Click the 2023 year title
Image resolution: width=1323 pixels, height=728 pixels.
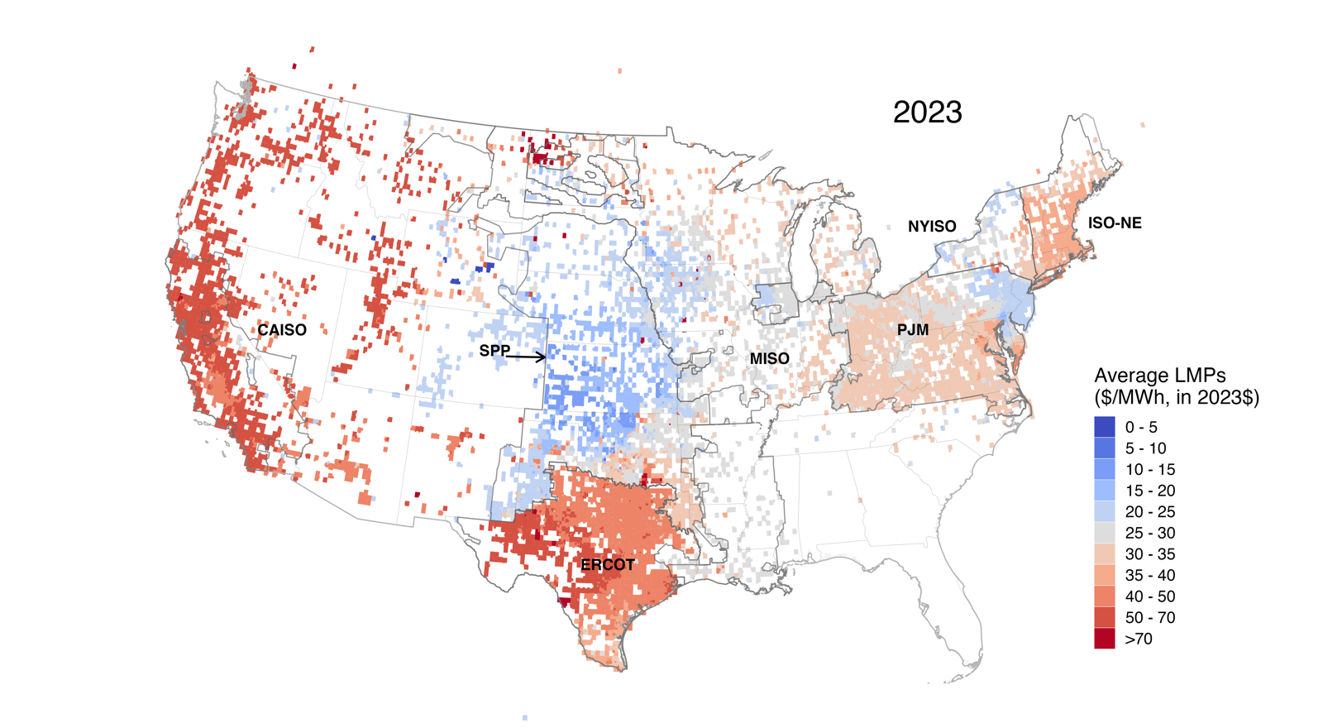(x=927, y=113)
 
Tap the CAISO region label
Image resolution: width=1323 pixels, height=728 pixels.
(x=282, y=330)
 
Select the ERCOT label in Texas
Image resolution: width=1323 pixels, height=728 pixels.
(x=608, y=565)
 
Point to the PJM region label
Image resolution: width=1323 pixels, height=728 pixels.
(x=913, y=330)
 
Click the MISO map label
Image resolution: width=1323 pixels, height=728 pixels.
(x=769, y=359)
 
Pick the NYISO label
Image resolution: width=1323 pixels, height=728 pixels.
(x=932, y=227)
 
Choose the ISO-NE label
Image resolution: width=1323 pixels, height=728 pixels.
(x=1115, y=223)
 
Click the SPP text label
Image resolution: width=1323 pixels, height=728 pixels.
(x=494, y=351)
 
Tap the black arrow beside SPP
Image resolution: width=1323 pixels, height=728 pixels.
(x=527, y=357)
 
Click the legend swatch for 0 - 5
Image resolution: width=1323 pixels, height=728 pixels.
(x=1105, y=427)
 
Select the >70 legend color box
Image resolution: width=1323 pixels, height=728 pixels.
(x=1105, y=639)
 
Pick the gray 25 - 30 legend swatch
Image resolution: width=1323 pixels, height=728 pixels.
(x=1105, y=533)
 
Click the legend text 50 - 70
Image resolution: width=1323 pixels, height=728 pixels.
(x=1149, y=618)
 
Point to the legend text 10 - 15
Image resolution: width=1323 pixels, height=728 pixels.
(x=1149, y=470)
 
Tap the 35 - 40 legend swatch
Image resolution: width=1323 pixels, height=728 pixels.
(x=1105, y=575)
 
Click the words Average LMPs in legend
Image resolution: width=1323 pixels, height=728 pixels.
(x=1159, y=376)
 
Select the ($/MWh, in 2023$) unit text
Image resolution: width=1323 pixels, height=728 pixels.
(x=1176, y=398)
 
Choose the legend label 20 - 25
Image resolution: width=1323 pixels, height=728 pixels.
(x=1149, y=512)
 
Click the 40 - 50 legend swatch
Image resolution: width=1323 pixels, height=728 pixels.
(x=1105, y=596)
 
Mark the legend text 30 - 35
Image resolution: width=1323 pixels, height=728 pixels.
(x=1149, y=554)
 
